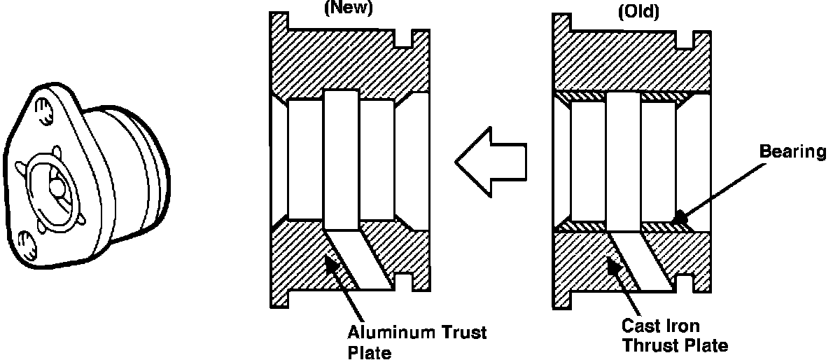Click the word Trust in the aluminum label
pos(464,331)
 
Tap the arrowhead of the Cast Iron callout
pos(611,264)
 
